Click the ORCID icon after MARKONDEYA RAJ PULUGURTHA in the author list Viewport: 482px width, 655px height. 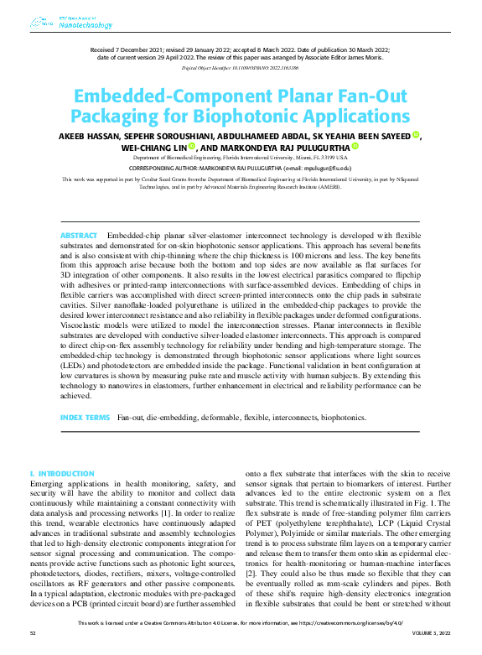(x=355, y=147)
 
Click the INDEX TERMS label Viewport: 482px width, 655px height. (x=85, y=417)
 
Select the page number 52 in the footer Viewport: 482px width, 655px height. (x=33, y=645)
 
